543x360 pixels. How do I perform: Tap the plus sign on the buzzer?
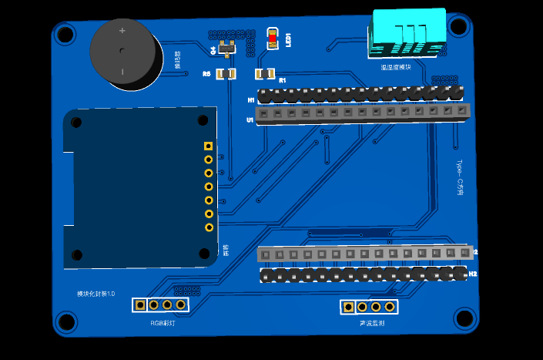122,32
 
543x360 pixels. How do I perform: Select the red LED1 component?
273,39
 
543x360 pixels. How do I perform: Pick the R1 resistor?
263,74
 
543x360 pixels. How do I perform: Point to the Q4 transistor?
226,49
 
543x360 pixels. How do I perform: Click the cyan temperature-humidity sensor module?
408,31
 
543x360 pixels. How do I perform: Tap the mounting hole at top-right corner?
459,26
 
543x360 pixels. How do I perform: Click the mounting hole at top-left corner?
65,34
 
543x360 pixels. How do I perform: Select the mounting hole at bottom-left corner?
66,323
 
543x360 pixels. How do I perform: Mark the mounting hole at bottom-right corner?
464,317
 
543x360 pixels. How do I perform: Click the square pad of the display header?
208,146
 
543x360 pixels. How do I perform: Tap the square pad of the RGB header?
139,304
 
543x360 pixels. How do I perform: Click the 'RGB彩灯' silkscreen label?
162,323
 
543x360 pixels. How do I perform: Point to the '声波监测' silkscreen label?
371,325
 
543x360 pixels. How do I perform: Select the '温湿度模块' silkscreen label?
396,68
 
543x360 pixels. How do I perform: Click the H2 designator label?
473,274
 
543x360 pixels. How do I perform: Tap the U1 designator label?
250,120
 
